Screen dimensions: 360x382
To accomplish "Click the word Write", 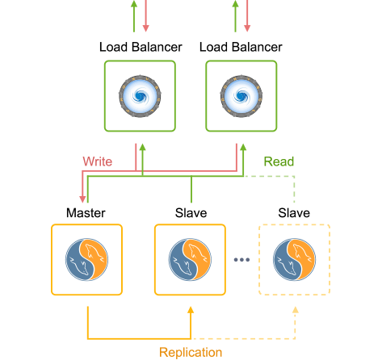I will pyautogui.click(x=97, y=161).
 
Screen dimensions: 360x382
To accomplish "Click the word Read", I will pyautogui.click(x=279, y=161).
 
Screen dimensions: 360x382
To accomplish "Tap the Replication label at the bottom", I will pyautogui.click(x=191, y=352).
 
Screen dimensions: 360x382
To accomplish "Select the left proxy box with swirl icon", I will pyautogui.click(x=139, y=95).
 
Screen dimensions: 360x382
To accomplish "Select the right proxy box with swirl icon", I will pyautogui.click(x=241, y=95).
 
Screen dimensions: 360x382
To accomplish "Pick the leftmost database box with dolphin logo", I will pyautogui.click(x=86, y=259).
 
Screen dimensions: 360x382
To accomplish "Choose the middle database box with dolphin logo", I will pyautogui.click(x=189, y=259).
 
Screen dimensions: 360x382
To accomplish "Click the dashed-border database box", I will pyautogui.click(x=293, y=259).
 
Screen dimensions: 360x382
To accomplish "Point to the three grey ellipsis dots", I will pyautogui.click(x=241, y=260).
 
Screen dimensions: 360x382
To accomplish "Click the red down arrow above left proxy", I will pyautogui.click(x=145, y=29).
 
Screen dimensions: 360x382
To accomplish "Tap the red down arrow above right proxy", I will pyautogui.click(x=246, y=29).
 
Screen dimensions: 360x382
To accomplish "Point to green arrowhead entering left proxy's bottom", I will pyautogui.click(x=142, y=149).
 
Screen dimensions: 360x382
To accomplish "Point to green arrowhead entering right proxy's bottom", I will pyautogui.click(x=243, y=149).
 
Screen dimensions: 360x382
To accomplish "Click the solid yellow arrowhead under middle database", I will pyautogui.click(x=191, y=310).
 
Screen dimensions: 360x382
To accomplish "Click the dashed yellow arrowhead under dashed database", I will pyautogui.click(x=295, y=310).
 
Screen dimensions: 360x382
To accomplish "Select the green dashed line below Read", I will pyautogui.click(x=294, y=190).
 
